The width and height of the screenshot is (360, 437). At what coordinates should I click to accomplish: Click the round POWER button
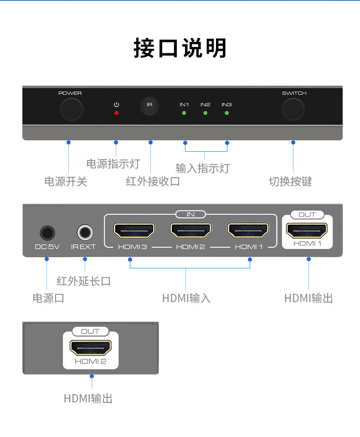(x=72, y=109)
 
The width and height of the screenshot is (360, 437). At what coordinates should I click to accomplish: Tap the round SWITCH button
(x=293, y=109)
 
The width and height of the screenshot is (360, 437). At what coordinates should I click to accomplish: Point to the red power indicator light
(x=117, y=113)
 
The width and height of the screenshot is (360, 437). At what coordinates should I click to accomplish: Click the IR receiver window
(x=149, y=106)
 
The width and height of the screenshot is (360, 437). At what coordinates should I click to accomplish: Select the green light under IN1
(x=184, y=113)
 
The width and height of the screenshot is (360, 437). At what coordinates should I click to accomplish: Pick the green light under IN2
(x=206, y=113)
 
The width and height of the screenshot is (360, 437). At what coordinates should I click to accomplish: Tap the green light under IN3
(x=227, y=113)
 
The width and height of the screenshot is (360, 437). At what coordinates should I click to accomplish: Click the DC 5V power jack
(x=47, y=233)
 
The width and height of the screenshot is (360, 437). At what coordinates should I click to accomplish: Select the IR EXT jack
(x=85, y=232)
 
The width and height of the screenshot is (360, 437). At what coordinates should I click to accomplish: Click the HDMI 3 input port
(x=134, y=230)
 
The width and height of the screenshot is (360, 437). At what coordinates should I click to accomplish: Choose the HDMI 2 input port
(x=191, y=230)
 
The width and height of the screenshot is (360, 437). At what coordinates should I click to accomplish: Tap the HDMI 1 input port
(x=248, y=230)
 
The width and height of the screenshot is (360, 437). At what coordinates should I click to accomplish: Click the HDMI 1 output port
(x=307, y=230)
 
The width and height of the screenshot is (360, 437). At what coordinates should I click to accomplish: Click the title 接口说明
(x=180, y=48)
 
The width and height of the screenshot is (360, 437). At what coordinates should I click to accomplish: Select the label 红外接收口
(x=153, y=181)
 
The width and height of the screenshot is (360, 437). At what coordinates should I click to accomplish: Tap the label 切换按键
(x=290, y=181)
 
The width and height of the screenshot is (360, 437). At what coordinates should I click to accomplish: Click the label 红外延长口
(x=83, y=281)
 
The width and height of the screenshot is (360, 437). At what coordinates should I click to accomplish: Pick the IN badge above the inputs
(x=190, y=214)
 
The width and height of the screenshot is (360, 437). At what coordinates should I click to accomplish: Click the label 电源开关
(x=66, y=181)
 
